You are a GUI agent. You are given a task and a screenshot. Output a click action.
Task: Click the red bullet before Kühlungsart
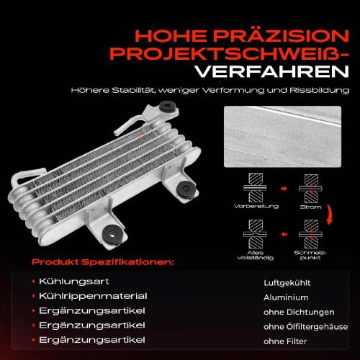point(34,282)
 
